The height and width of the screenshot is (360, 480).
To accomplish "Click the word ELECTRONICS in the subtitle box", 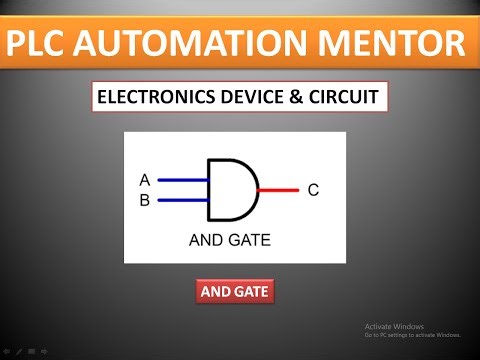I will tap(151, 99).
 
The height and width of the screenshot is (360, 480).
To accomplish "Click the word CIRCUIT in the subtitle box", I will tap(337, 99).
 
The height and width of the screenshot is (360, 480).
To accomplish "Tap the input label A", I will tap(145, 180).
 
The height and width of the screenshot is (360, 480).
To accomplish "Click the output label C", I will tap(312, 189).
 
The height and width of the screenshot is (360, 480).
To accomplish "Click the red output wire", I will tap(278, 189).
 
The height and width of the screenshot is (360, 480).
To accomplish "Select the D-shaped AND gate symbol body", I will tap(230, 189).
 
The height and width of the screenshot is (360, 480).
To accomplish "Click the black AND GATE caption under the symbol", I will tap(229, 240).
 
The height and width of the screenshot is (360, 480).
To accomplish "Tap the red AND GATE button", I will tap(234, 292).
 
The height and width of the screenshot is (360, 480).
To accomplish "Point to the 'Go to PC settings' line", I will tap(412, 335).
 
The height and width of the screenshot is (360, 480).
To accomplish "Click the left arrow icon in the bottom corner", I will tap(6, 352).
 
